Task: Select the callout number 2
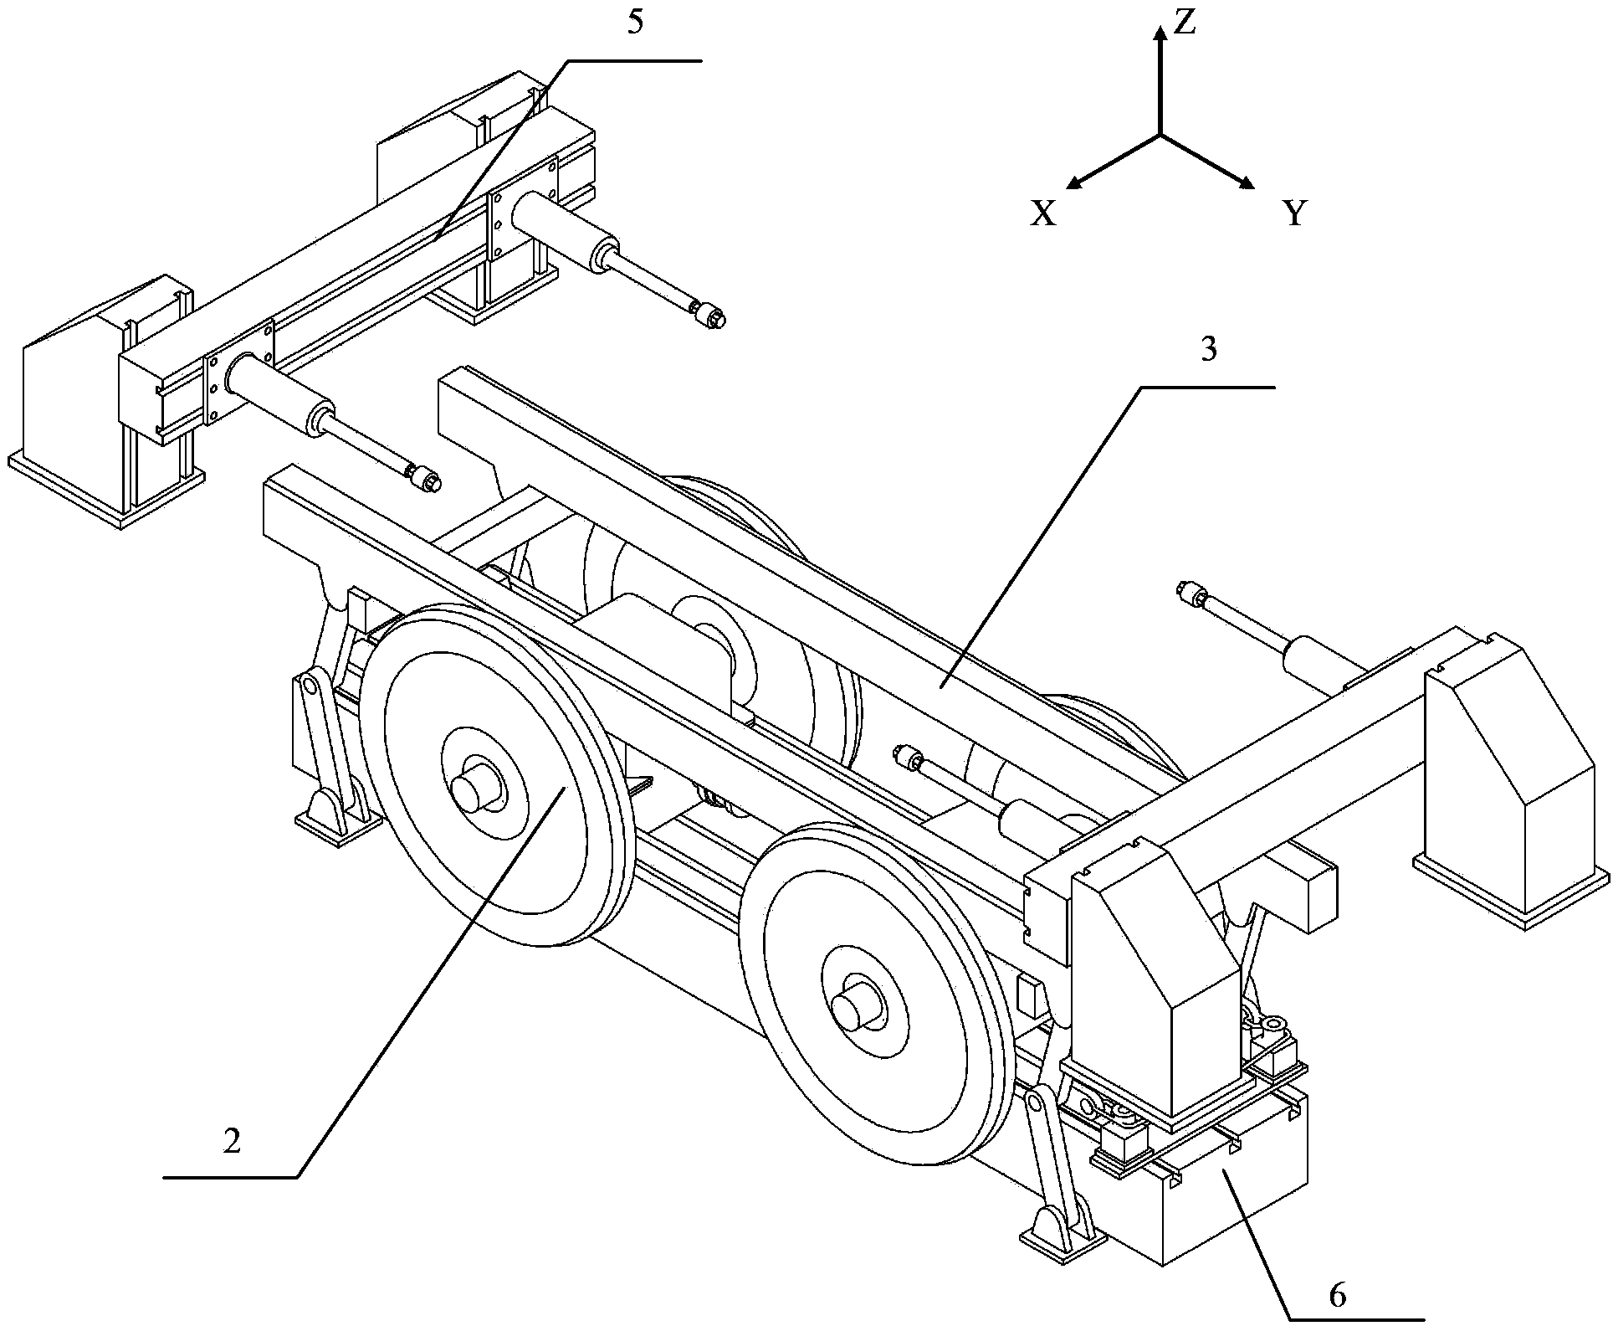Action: tap(232, 1142)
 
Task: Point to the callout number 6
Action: tap(1338, 1272)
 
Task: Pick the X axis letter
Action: tap(1043, 214)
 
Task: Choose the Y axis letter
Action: tap(1295, 214)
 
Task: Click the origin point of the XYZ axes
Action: tap(1160, 135)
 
